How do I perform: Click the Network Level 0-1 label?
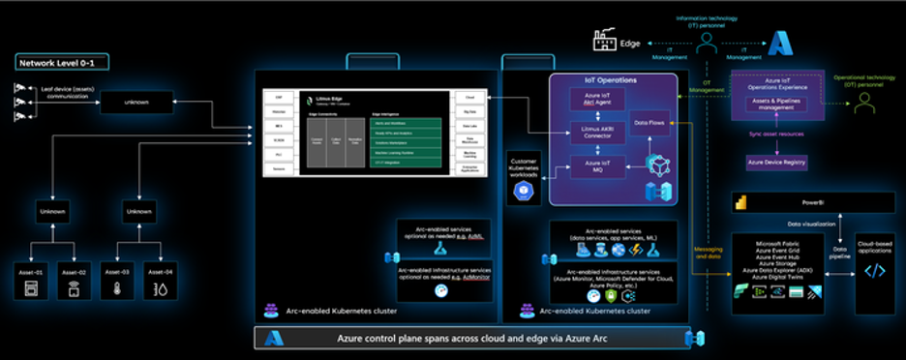coord(62,63)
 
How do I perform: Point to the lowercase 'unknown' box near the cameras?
coord(136,102)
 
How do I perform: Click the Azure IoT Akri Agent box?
coord(597,99)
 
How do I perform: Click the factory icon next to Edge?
coord(605,42)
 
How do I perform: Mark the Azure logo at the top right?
coord(780,42)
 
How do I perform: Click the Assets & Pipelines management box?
coord(775,105)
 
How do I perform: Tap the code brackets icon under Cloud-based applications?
coord(874,271)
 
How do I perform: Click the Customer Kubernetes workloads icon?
coord(524,191)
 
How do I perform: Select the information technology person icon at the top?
coord(709,41)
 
